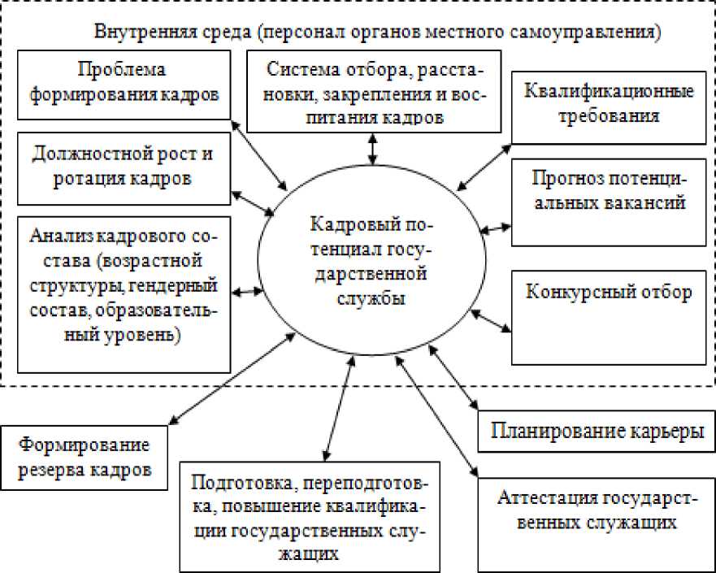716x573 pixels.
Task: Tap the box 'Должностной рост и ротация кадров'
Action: pyautogui.click(x=123, y=166)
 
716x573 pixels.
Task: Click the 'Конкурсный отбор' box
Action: pyautogui.click(x=609, y=316)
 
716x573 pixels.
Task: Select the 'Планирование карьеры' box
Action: pyautogui.click(x=597, y=432)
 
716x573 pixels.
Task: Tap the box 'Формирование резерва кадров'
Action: pyautogui.click(x=85, y=458)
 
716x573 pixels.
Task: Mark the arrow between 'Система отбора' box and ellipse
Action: pyautogui.click(x=372, y=149)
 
